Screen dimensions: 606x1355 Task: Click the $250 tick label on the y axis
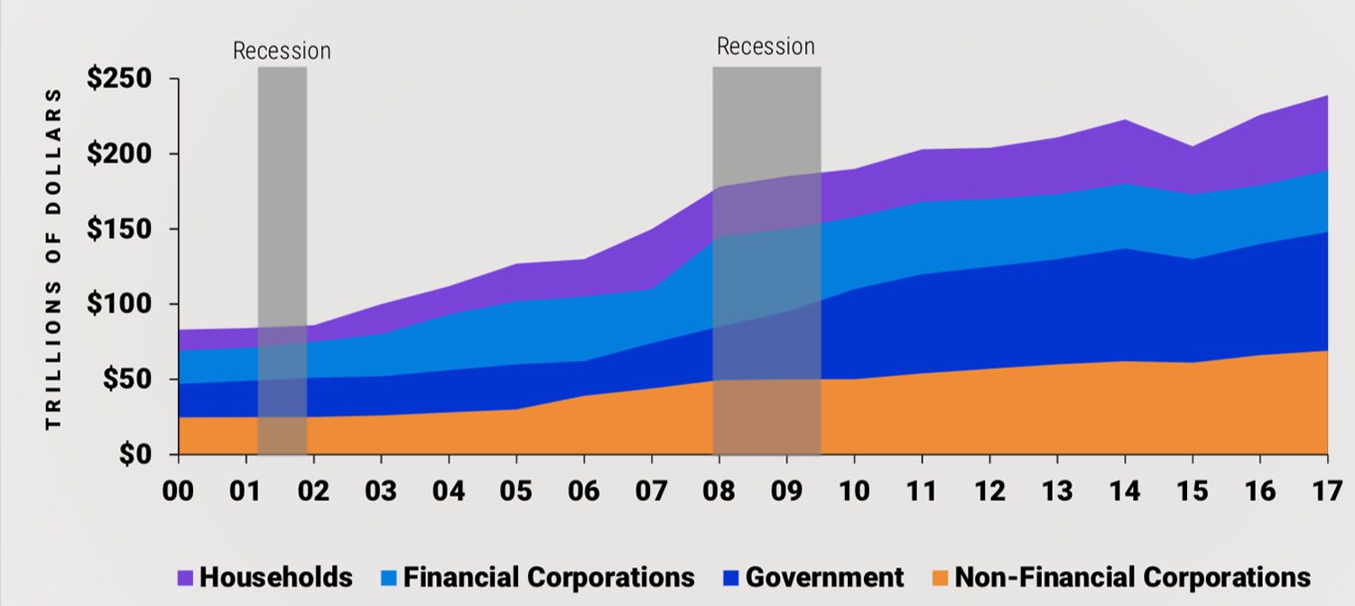(125, 79)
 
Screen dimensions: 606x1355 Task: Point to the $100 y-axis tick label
(125, 304)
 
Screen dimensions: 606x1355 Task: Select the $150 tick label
(125, 229)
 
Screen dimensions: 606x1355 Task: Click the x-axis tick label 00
(178, 491)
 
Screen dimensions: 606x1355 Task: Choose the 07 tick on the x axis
(651, 491)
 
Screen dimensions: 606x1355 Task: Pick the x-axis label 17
(1326, 491)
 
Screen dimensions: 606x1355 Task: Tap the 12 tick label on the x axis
(989, 491)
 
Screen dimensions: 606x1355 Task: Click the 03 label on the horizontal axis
(381, 491)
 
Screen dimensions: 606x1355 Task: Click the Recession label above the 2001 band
(282, 51)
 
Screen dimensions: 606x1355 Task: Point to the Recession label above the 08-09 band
(766, 47)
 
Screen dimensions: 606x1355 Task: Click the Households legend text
(275, 577)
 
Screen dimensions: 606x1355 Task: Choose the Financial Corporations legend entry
(549, 577)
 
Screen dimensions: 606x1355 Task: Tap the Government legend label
(824, 577)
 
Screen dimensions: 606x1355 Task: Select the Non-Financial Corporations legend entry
(1132, 577)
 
